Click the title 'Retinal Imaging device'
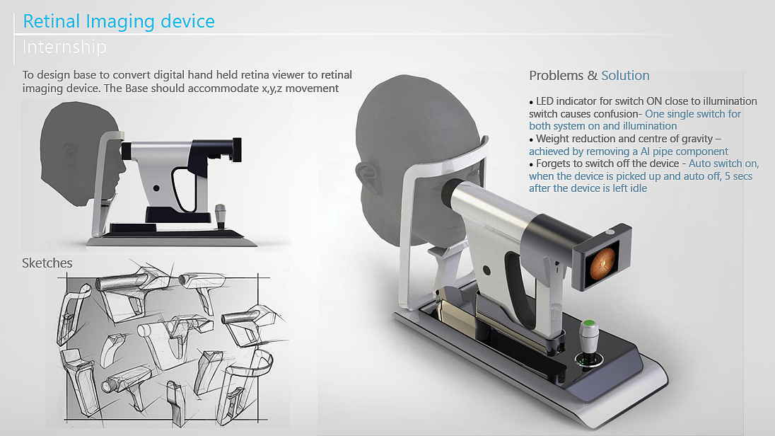(x=119, y=21)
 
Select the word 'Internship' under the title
(x=64, y=47)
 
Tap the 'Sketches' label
(x=47, y=263)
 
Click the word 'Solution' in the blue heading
(x=625, y=75)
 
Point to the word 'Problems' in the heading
(x=556, y=75)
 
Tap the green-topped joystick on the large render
(x=588, y=341)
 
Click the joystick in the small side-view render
(x=221, y=217)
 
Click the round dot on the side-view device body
(x=156, y=188)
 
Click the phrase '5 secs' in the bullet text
(x=738, y=176)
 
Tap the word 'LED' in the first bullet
(x=546, y=101)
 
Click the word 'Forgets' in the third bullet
(x=553, y=163)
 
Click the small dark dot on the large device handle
(x=486, y=270)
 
